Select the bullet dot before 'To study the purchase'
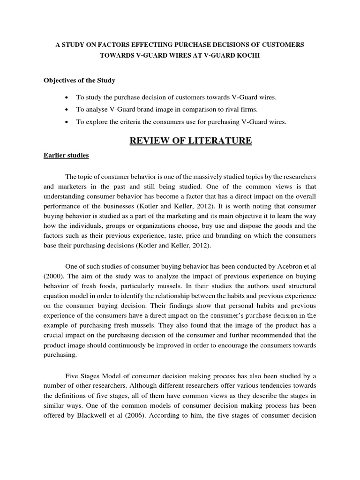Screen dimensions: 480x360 [69, 97]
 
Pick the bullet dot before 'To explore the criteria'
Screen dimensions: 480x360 [69, 122]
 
